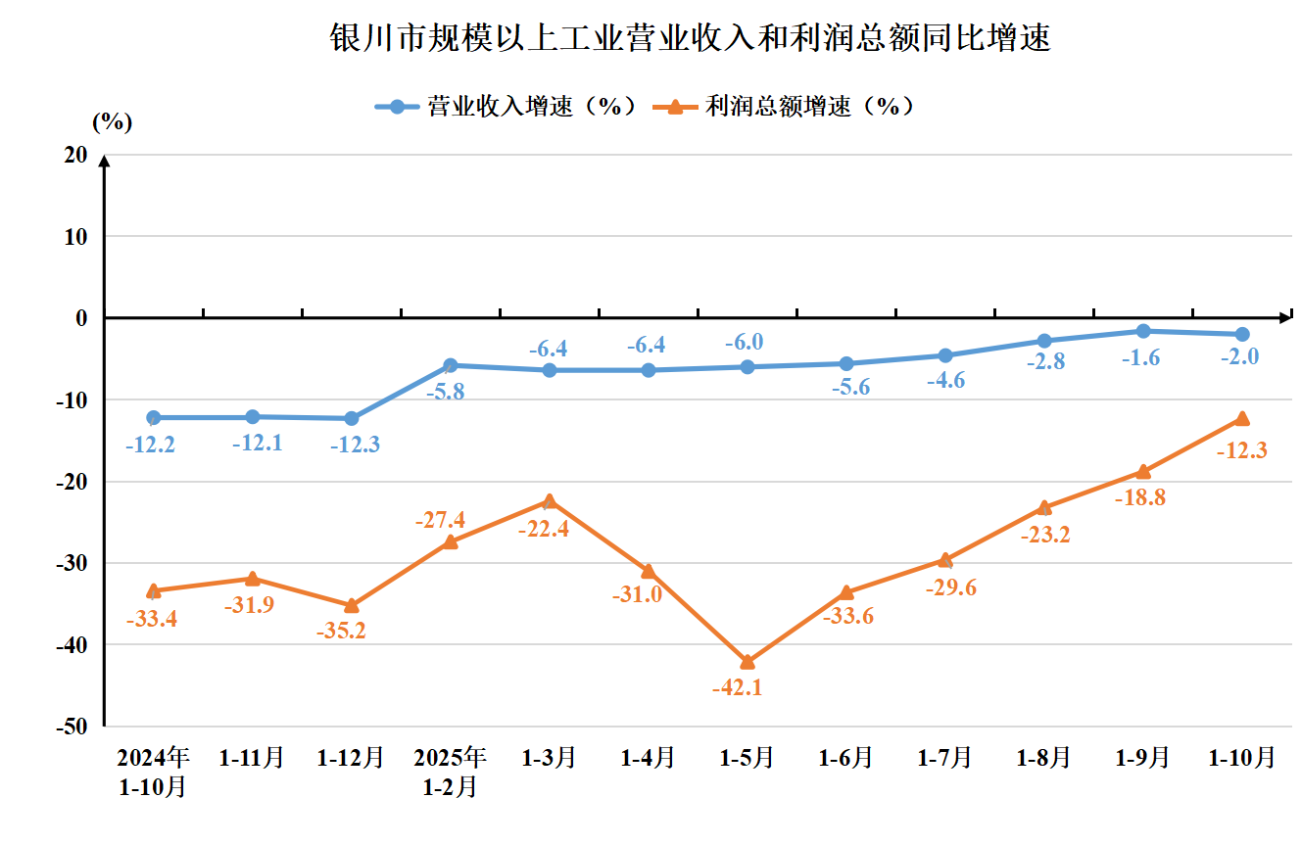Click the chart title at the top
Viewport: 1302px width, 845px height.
click(689, 39)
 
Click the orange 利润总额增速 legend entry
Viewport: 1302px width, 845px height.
click(789, 107)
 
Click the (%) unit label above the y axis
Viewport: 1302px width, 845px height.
click(112, 122)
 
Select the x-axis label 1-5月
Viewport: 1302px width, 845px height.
click(747, 758)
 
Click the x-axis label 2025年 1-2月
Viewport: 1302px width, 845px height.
click(450, 772)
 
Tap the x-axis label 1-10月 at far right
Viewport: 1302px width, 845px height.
click(1241, 758)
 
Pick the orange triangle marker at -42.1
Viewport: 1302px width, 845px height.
click(747, 662)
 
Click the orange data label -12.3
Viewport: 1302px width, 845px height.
click(1241, 450)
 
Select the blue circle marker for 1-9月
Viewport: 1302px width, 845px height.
click(1142, 331)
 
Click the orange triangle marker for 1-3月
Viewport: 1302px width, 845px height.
click(550, 501)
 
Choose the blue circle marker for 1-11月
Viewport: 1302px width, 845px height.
click(253, 417)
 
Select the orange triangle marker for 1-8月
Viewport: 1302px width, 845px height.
click(1043, 507)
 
